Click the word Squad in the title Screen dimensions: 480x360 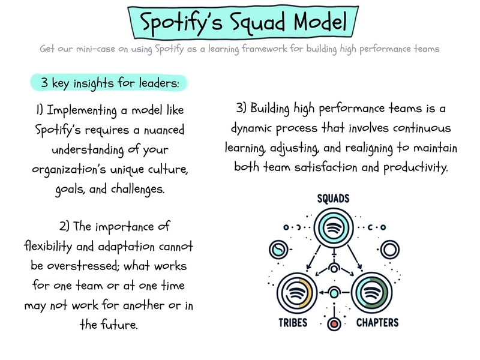click(258, 22)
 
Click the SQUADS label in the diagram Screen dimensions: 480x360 click(333, 199)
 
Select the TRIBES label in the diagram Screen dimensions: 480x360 click(293, 323)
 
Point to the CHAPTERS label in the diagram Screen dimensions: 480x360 click(377, 323)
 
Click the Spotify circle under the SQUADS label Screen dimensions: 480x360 click(334, 228)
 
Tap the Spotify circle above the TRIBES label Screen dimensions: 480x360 click(296, 293)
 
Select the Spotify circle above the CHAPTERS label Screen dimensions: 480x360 click(371, 293)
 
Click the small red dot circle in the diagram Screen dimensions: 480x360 click(334, 324)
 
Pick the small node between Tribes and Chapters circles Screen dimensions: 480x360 click(334, 293)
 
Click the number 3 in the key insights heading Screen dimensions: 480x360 click(44, 82)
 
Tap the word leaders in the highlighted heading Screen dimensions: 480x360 click(159, 83)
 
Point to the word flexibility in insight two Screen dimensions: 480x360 click(48, 246)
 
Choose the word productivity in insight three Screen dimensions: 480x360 click(415, 168)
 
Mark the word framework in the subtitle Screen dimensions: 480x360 click(265, 49)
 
